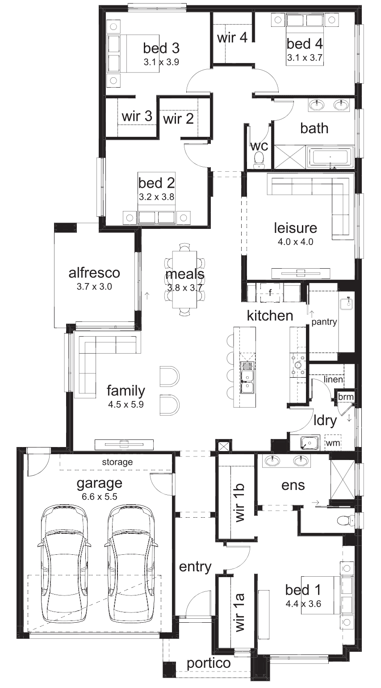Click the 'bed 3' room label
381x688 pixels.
pos(161,48)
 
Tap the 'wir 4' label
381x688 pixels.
pos(232,38)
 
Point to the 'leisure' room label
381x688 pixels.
pos(295,228)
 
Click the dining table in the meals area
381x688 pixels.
pos(184,279)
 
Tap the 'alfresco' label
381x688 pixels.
pos(94,273)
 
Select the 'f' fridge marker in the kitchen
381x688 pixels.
pos(270,293)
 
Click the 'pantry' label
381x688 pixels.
pos(324,322)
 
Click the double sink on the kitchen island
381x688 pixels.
pos(247,377)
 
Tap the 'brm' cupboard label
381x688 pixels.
pos(346,397)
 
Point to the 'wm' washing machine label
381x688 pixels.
pos(333,443)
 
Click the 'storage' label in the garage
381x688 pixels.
pos(117,462)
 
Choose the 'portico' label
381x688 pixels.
pos(209,663)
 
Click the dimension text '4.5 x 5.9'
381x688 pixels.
pos(126,405)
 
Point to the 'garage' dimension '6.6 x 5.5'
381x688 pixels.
pos(100,497)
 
